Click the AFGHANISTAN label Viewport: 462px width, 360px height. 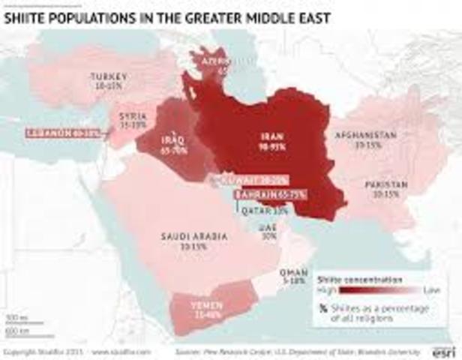365,135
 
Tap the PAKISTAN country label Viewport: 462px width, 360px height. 386,185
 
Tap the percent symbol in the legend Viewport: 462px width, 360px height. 323,307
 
